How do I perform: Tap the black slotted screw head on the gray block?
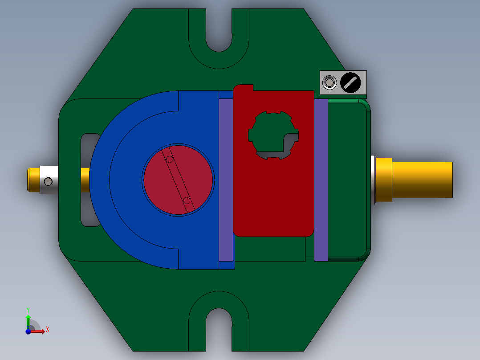[350, 83]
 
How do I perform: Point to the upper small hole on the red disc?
[170, 159]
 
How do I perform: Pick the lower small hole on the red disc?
[187, 200]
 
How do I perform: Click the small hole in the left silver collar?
[48, 181]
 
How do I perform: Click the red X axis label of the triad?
[47, 330]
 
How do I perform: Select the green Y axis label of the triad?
[28, 309]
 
